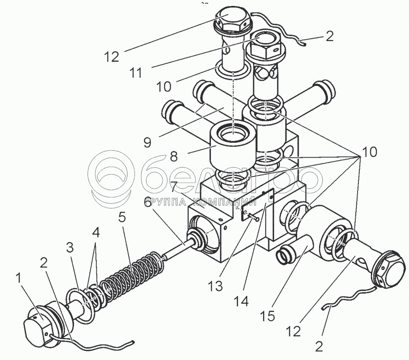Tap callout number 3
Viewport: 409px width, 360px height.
70,248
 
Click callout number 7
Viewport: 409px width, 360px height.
174,187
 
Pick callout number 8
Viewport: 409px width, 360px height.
174,157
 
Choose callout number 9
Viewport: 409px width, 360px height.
147,142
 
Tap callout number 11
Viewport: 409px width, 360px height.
136,73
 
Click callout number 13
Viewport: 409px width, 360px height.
215,286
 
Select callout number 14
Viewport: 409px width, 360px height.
242,302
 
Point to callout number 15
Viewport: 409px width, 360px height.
268,316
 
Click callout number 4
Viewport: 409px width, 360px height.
96,233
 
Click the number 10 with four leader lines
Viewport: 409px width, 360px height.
369,152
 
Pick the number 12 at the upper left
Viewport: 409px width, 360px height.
112,57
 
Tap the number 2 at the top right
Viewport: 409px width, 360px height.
330,36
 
